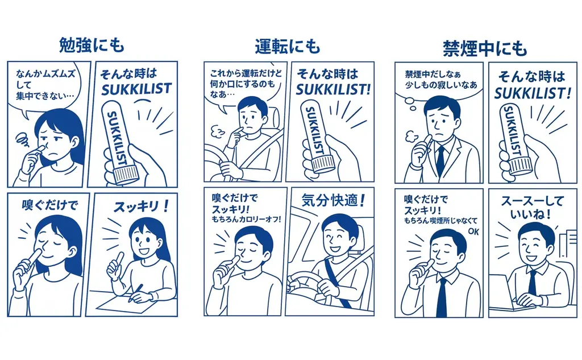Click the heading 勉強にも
(91, 44)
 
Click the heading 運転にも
(287, 46)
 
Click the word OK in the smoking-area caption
(471, 231)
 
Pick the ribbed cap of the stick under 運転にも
(326, 165)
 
